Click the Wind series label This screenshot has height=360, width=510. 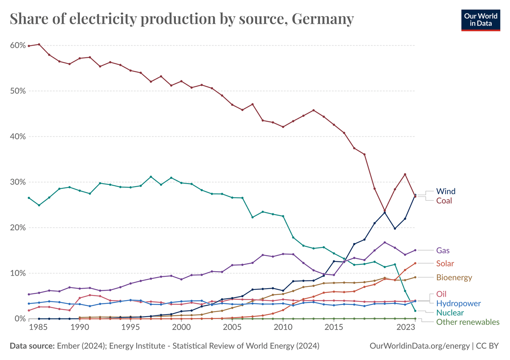click(446, 191)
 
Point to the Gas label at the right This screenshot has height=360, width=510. click(443, 250)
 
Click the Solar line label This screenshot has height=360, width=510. click(445, 264)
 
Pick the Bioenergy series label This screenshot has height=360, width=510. click(454, 278)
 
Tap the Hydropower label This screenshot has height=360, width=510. click(459, 303)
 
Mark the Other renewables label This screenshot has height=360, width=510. click(468, 322)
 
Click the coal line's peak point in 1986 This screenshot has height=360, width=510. click(39, 44)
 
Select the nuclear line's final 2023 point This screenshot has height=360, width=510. click(415, 311)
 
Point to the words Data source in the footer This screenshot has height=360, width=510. click(31, 346)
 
